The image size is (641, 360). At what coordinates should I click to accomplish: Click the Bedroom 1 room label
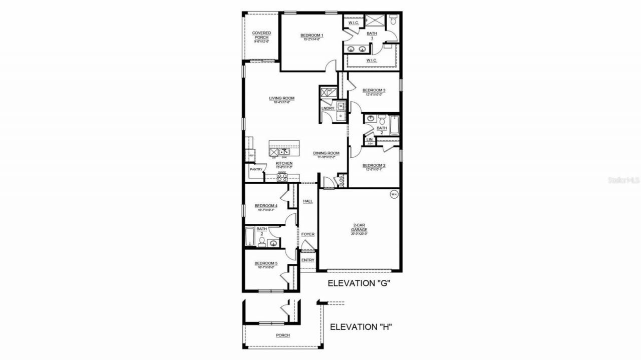[311, 35]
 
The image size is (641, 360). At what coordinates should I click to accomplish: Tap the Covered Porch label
[261, 35]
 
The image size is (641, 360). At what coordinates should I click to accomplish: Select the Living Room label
[281, 98]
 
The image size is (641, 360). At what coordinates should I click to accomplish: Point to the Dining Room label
[327, 153]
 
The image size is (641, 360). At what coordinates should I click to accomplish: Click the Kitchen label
[284, 164]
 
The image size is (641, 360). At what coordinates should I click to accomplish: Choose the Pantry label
[256, 169]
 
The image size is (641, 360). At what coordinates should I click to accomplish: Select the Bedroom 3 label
[374, 90]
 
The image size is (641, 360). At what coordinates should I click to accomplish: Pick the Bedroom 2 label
[374, 165]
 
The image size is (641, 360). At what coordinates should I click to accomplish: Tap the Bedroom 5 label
[265, 263]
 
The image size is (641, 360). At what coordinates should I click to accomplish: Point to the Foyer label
[307, 234]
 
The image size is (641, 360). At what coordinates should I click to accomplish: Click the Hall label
[307, 201]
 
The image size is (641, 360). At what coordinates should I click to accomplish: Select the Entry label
[307, 260]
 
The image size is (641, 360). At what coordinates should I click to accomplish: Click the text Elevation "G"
[359, 283]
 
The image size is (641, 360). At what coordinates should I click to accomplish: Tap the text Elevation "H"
[361, 327]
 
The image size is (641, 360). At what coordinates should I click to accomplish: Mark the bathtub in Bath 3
[250, 236]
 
